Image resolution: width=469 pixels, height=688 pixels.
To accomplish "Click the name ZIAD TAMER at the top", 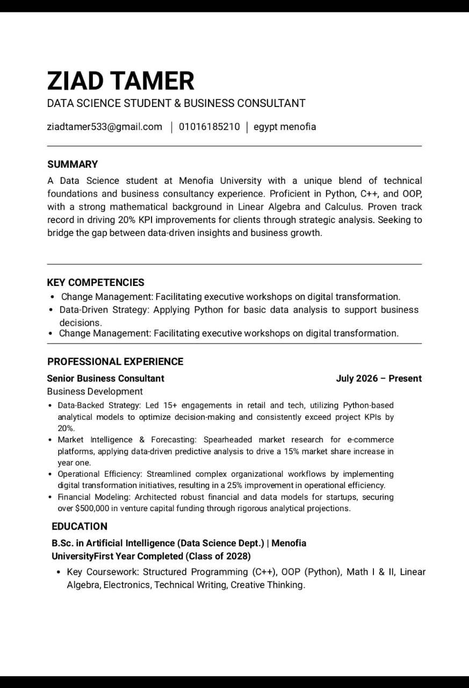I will pyautogui.click(x=121, y=81).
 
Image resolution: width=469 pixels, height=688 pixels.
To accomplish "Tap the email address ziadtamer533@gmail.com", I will pyautogui.click(x=105, y=127).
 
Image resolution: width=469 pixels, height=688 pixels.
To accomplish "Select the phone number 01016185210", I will pyautogui.click(x=209, y=127).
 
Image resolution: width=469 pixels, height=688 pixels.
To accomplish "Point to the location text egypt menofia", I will pyautogui.click(x=285, y=127).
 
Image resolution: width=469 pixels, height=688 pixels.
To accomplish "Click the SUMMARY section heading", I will pyautogui.click(x=73, y=164).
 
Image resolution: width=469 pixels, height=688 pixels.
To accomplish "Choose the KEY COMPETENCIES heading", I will pyautogui.click(x=96, y=283).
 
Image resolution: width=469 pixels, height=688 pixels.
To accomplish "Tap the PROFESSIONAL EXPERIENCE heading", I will pyautogui.click(x=116, y=362).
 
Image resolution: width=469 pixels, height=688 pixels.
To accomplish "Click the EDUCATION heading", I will pyautogui.click(x=80, y=526).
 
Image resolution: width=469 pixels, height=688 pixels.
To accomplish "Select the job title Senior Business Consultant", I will pyautogui.click(x=106, y=378).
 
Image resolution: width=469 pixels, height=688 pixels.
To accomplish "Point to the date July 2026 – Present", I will pyautogui.click(x=379, y=378).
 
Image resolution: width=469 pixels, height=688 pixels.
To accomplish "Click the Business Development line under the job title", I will pyautogui.click(x=95, y=391).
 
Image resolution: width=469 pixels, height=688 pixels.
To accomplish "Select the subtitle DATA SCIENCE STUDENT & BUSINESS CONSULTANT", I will pyautogui.click(x=176, y=103).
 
